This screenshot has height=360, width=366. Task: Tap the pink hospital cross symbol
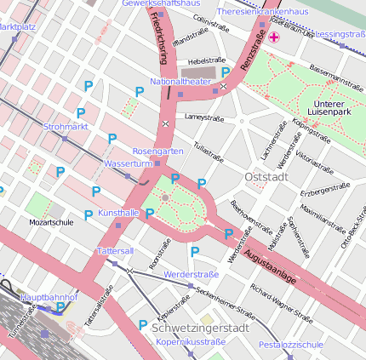[273, 37]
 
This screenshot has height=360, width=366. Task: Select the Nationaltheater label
[180, 82]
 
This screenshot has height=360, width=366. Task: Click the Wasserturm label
[127, 163]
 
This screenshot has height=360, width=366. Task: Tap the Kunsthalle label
[118, 211]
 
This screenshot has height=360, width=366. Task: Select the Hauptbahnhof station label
[49, 297]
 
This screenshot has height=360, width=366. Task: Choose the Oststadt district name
[266, 176]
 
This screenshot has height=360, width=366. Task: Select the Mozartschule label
[51, 222]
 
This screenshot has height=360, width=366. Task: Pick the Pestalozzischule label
[291, 345]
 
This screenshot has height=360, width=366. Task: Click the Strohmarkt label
[66, 127]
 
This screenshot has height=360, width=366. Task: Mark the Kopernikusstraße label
[191, 341]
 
